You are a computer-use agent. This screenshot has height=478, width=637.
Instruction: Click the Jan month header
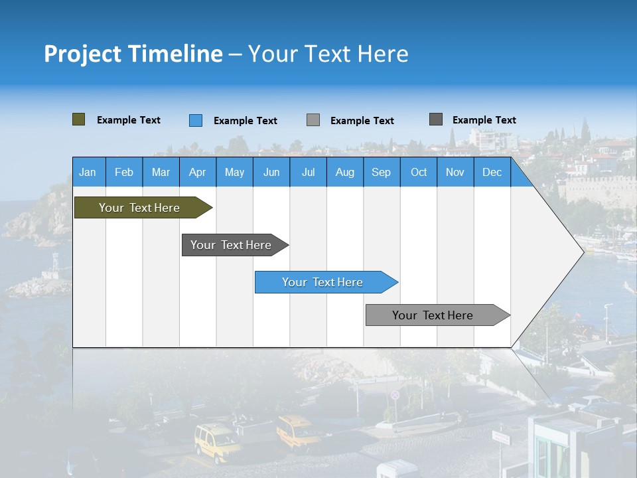pos(88,173)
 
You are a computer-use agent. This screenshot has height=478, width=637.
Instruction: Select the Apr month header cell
pos(198,173)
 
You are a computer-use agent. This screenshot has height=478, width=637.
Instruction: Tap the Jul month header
pos(308,173)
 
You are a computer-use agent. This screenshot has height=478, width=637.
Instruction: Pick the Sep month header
pos(381,173)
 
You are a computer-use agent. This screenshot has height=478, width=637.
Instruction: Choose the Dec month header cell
pos(492,173)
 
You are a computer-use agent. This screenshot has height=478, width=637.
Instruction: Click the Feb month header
pos(124,173)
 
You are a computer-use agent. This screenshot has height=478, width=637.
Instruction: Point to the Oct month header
pos(419,173)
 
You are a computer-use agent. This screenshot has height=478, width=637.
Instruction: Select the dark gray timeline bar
pos(232,245)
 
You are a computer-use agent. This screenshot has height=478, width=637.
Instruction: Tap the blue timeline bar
pos(323,282)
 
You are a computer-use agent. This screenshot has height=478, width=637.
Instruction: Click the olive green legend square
pos(79,119)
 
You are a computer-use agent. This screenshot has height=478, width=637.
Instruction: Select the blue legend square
pos(196,120)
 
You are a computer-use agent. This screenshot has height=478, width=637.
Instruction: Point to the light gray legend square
pos(313,120)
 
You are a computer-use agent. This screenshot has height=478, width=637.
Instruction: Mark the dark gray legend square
pos(436,119)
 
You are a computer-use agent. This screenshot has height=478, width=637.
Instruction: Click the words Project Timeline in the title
pos(133,54)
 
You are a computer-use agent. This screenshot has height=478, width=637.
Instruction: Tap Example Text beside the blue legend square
pos(246,121)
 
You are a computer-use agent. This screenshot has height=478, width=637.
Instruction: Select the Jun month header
pos(271,173)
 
